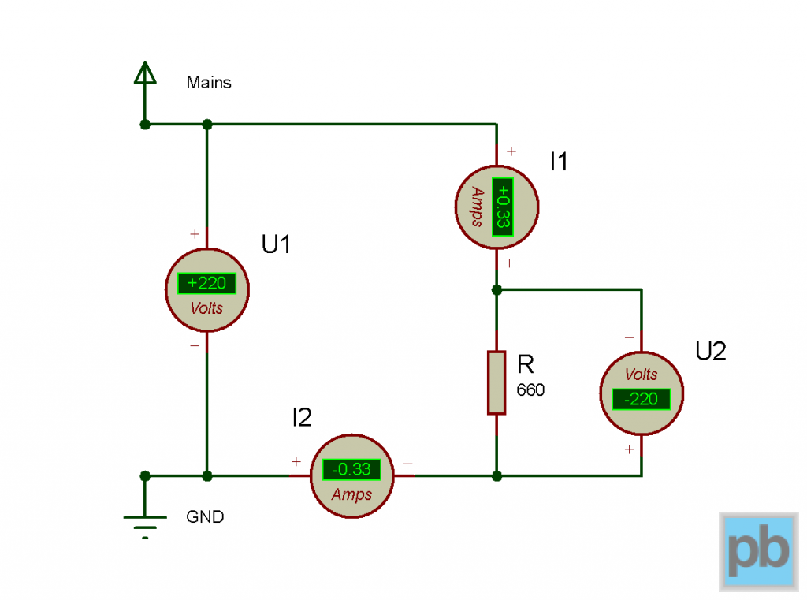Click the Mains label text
(209, 82)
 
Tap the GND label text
(205, 517)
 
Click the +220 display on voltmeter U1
(206, 283)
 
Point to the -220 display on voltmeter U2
(641, 399)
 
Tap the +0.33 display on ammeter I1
(502, 207)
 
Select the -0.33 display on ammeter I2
(351, 470)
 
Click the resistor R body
(496, 383)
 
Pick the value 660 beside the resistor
(530, 390)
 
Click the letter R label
(526, 365)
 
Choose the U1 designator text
(277, 245)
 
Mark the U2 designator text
(710, 352)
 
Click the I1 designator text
(559, 162)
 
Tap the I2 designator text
(302, 418)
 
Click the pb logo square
(758, 551)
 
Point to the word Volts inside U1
(206, 308)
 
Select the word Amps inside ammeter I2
(351, 494)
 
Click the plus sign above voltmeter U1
(195, 234)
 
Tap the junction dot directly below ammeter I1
(496, 290)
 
